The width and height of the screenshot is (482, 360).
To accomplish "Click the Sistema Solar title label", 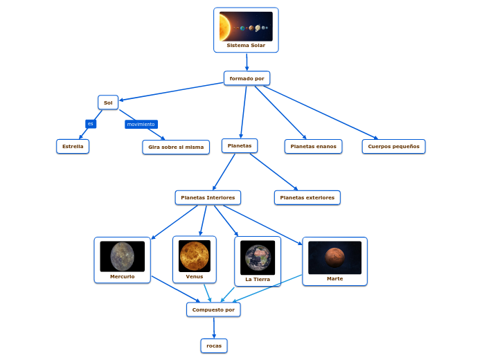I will pos(246,46).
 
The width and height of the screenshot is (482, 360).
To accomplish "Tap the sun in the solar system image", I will pos(224,27).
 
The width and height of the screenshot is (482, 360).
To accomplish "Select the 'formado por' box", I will pos(247,78).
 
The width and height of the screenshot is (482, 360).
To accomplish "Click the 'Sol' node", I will pos(108,102).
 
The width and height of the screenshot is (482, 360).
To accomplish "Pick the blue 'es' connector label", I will pos(90,124).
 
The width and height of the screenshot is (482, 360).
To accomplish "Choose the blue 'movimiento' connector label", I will pos(141,125).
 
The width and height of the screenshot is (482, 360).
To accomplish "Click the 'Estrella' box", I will pos(73,146).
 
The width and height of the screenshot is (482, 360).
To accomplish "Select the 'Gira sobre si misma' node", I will pos(176,147).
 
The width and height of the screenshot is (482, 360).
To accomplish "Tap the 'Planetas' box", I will pos(240,145).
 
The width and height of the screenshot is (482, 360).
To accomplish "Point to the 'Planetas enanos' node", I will pos(313,146).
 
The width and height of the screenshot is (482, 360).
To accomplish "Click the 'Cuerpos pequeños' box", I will pos(393,146).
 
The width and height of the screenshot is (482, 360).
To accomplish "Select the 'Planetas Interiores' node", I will pos(208,197).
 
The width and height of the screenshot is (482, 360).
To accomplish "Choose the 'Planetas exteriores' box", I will pos(307,197).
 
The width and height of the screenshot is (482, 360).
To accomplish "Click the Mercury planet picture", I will pos(122,256).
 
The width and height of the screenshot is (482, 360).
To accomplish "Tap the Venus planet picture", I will pos(194,255).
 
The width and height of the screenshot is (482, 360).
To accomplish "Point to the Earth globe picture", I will pos(258,258).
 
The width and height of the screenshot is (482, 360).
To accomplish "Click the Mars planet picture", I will pos(334,257).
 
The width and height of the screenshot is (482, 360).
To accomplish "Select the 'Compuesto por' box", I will pos(213,309).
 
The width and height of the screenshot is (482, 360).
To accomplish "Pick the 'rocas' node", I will pos(214,345).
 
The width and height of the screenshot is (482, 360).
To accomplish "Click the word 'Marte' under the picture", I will pos(334,279).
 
